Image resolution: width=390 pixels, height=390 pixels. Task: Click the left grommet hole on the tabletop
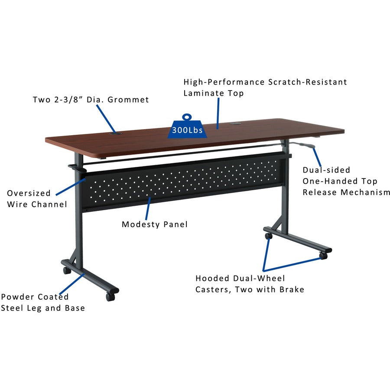click(116, 134)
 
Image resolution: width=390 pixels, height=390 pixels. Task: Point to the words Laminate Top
click(214, 93)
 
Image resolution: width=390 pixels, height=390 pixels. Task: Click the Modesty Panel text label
click(155, 224)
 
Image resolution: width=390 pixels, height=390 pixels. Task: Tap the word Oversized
click(29, 193)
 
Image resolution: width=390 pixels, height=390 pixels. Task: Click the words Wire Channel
click(37, 205)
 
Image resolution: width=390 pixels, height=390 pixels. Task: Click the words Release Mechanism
click(346, 192)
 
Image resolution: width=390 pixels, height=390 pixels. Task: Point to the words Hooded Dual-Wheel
click(240, 278)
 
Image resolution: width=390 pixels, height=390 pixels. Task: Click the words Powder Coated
click(35, 297)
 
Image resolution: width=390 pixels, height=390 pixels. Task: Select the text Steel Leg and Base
click(42, 308)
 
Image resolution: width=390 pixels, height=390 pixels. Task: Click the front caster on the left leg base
click(110, 297)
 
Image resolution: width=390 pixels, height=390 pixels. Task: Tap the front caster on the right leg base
click(323, 256)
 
